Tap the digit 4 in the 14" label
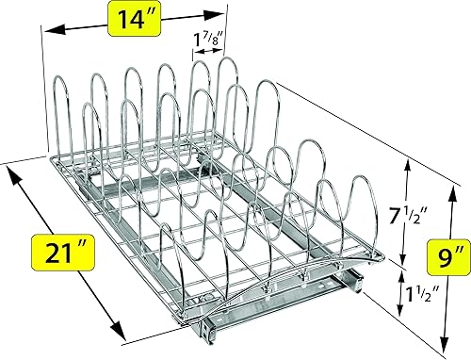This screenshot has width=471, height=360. [x=139, y=19]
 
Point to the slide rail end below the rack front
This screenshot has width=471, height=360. [x=356, y=281]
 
